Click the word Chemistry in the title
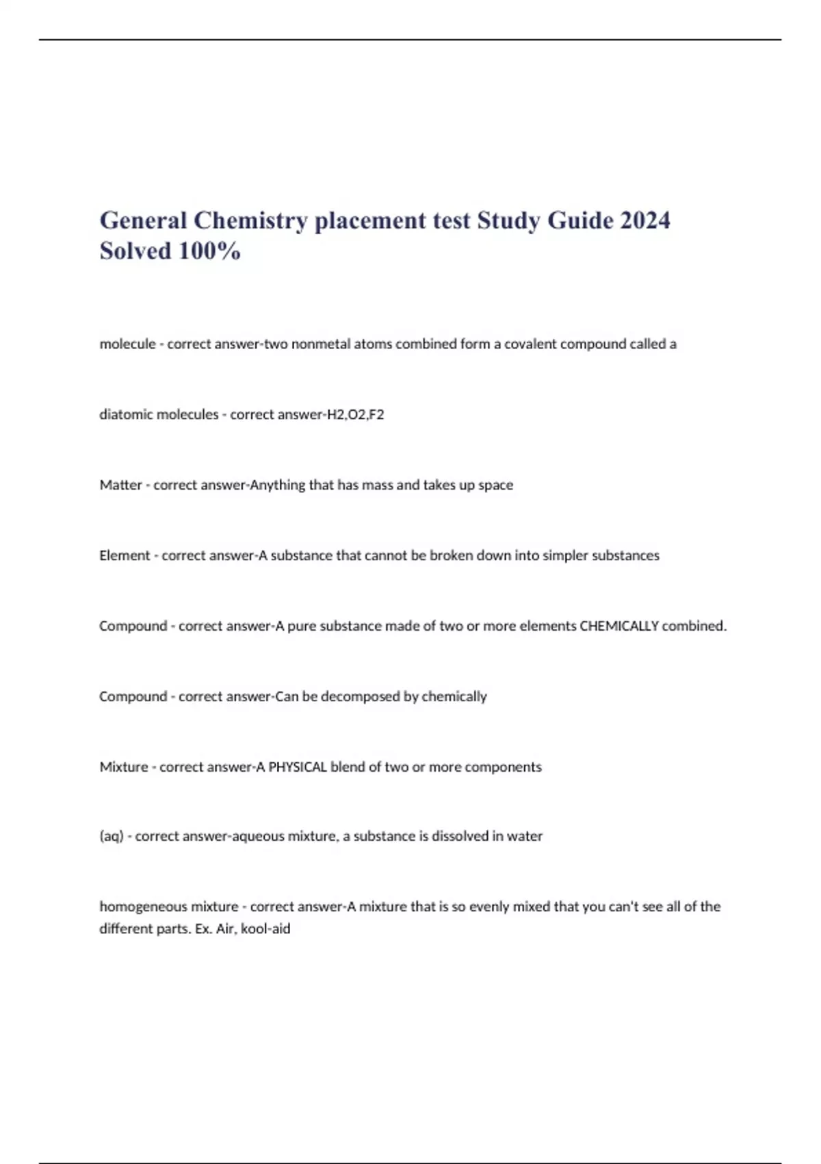pos(250,221)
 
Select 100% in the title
pos(209,251)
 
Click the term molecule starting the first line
pos(127,344)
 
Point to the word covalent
pos(530,344)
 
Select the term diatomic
pos(127,414)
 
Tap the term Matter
pos(120,485)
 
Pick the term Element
pos(125,555)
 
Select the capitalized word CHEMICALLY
pos(619,626)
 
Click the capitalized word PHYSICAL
pos(298,767)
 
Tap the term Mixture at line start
pos(124,767)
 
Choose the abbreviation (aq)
pos(112,836)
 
